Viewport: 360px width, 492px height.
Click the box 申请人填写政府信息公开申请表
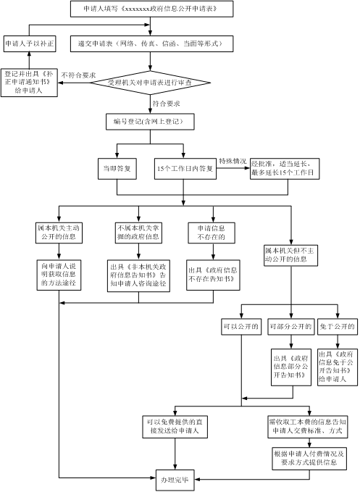tap(152, 9)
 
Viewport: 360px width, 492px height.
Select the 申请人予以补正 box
tap(30, 43)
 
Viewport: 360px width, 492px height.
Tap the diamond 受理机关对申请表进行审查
tap(150, 83)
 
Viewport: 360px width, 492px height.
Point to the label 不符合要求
tap(78, 75)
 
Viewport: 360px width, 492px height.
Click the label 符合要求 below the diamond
tap(166, 104)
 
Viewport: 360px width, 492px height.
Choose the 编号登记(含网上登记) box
tap(150, 122)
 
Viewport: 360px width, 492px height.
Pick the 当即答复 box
tap(117, 169)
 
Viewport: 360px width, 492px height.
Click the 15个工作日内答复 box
tap(185, 169)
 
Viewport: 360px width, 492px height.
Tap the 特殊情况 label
tap(233, 162)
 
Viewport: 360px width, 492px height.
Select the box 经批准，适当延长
tap(285, 169)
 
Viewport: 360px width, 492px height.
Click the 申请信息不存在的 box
tap(212, 233)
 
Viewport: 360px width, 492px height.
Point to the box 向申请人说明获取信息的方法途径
tap(59, 275)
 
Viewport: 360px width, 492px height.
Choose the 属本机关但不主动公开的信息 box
tap(290, 255)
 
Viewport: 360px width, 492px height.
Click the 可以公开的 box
tap(241, 327)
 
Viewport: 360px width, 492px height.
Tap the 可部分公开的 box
tap(291, 327)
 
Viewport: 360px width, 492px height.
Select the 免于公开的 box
tap(338, 327)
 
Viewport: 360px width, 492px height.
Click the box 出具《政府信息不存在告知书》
tap(213, 275)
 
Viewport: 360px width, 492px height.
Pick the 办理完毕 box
tap(175, 480)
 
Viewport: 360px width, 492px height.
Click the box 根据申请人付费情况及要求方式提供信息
tap(309, 459)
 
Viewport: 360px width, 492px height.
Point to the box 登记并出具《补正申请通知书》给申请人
tap(29, 83)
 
